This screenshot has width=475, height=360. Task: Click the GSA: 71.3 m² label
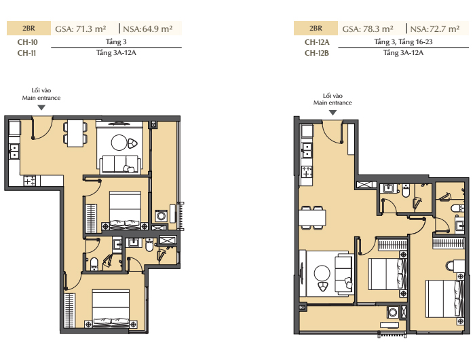[81, 29]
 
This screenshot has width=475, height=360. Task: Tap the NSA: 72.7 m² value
[435, 29]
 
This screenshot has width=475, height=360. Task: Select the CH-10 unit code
[28, 42]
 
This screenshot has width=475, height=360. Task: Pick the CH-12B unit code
[317, 53]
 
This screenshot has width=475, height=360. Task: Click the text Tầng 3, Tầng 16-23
[403, 42]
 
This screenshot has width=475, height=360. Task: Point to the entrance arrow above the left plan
[41, 107]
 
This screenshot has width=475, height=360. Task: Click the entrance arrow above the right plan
[332, 113]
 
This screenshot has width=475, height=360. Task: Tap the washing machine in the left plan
[161, 216]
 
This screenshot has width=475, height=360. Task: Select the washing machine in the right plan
[393, 312]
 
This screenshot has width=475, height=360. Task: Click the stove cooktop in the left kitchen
[30, 181]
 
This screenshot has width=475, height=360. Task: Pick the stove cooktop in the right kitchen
[307, 172]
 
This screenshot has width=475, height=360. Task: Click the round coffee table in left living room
[119, 142]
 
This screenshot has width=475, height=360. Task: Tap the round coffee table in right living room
[322, 273]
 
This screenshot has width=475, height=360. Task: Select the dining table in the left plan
[75, 133]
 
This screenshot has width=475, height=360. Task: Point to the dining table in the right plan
[312, 217]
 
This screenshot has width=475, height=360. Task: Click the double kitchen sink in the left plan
[14, 151]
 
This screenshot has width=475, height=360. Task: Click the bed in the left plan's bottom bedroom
[111, 308]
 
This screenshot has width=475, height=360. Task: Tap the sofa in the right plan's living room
[344, 274]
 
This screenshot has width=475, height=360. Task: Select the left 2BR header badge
[28, 29]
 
